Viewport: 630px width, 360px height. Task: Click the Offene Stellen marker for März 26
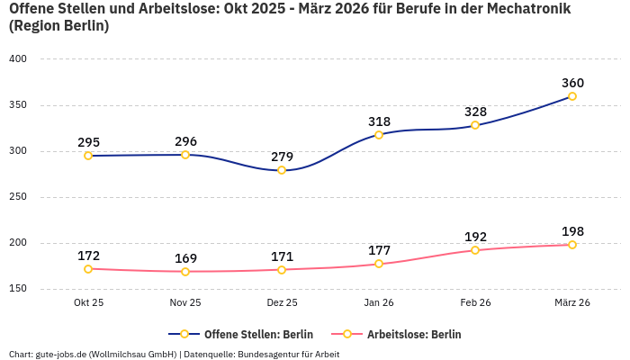tap(571, 96)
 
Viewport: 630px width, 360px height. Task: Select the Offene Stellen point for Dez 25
tap(282, 170)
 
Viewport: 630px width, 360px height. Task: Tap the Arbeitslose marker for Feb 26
tap(475, 250)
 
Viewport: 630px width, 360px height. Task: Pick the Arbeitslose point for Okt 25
tap(88, 269)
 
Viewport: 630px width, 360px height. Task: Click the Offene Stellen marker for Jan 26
tap(379, 135)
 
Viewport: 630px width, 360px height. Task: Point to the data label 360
tap(572, 83)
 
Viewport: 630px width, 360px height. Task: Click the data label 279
tap(282, 157)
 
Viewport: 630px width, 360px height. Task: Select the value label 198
tap(572, 231)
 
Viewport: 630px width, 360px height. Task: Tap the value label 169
tap(185, 258)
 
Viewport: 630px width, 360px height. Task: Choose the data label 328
tap(475, 112)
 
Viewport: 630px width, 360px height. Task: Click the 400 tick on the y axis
tap(18, 59)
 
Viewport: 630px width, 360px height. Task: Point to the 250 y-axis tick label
tap(18, 197)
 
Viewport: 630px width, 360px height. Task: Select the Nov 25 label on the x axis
tap(185, 302)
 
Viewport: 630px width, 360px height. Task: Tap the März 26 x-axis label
tap(572, 302)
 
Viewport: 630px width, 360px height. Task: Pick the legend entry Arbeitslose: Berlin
tap(414, 334)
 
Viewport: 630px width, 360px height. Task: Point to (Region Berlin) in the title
tap(58, 26)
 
